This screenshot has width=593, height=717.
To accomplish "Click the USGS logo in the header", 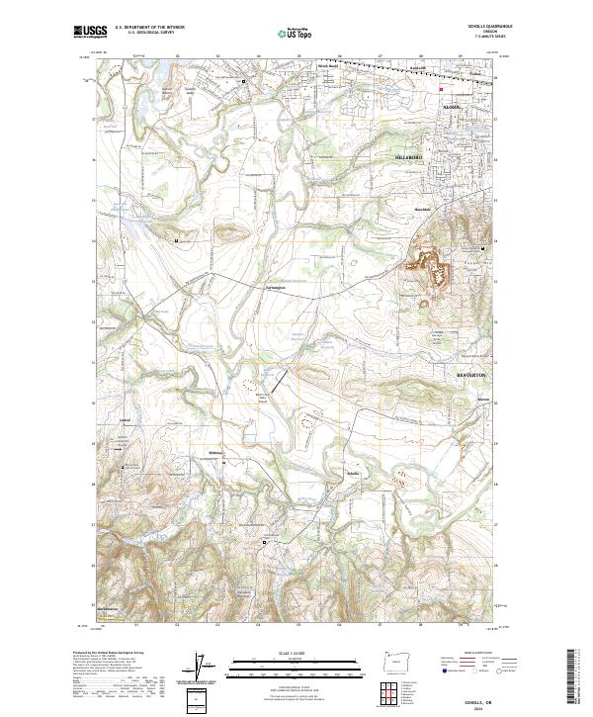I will pyautogui.click(x=87, y=33).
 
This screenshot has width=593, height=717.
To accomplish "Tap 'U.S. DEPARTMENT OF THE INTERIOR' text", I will pyautogui.click(x=147, y=29).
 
